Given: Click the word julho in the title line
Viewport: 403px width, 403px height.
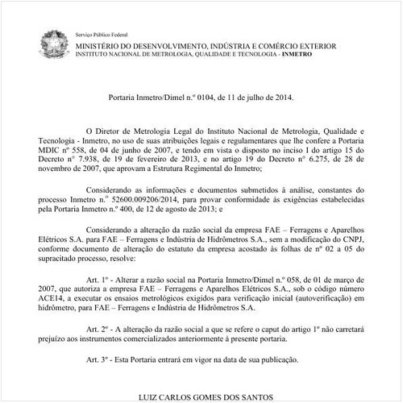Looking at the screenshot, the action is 255,95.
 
